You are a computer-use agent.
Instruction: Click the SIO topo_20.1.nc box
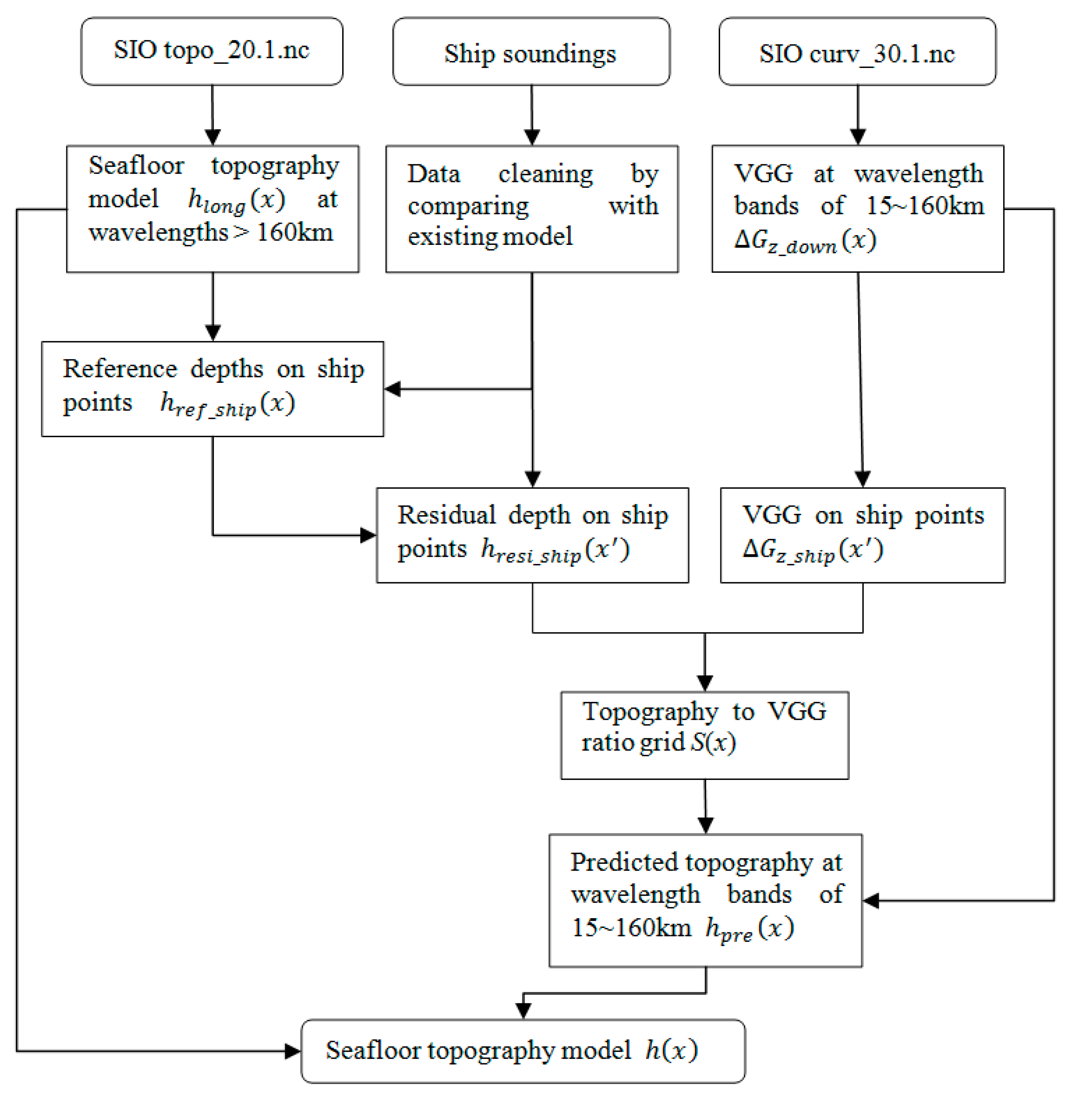point(212,51)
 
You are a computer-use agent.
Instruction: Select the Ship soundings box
point(531,52)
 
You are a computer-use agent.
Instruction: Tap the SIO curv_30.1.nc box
point(857,52)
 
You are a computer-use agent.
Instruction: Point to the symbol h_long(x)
point(236,201)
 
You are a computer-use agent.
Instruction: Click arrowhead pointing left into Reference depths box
point(393,388)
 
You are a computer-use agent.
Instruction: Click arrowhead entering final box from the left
point(293,1051)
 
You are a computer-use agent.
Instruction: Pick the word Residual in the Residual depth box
point(446,516)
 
